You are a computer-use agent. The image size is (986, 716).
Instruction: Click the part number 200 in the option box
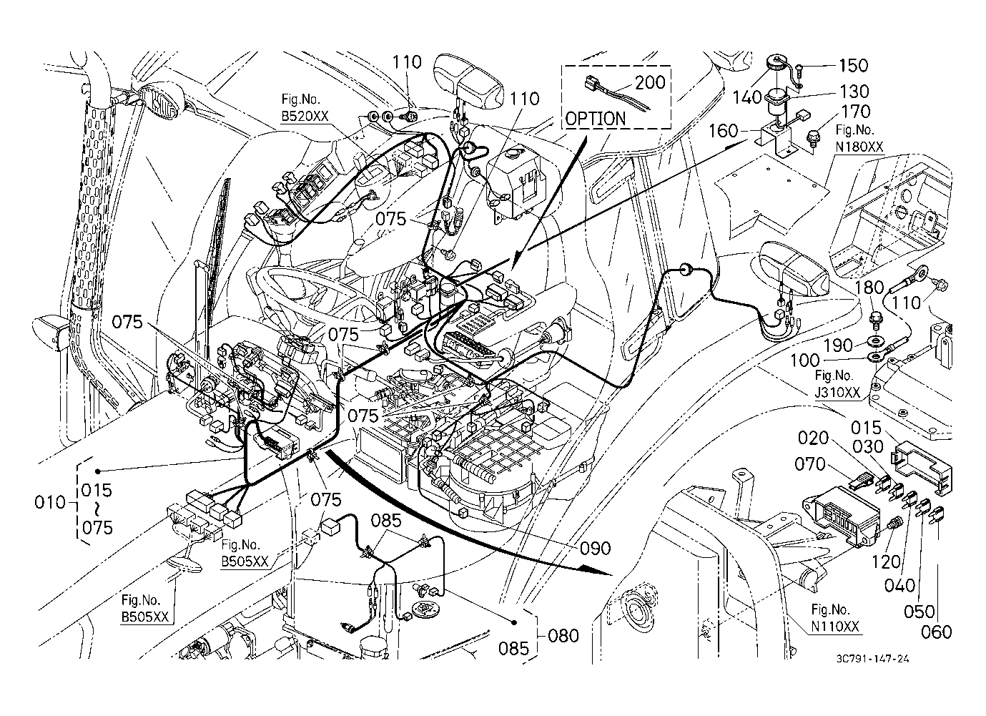click(650, 83)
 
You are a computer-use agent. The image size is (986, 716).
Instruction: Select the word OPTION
click(595, 118)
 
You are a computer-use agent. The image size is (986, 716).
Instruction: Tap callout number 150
click(853, 66)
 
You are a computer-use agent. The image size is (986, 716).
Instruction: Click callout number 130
click(854, 92)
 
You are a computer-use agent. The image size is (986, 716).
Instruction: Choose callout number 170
click(856, 112)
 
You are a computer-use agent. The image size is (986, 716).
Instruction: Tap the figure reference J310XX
click(839, 391)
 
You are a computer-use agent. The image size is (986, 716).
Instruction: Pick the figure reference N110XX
click(836, 626)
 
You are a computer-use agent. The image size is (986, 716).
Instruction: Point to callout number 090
click(596, 549)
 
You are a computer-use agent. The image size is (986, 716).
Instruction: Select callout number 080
click(563, 635)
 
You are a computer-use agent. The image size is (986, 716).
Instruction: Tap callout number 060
click(937, 632)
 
